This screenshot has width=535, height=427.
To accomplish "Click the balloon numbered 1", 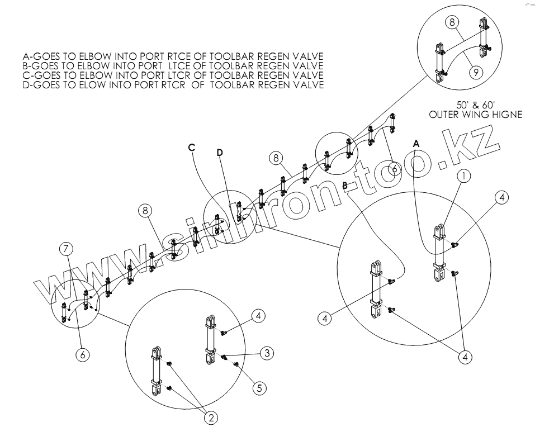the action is pyautogui.click(x=463, y=175).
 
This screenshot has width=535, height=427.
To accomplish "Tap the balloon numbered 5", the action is pyautogui.click(x=258, y=387).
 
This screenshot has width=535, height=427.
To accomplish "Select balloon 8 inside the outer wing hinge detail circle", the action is pyautogui.click(x=453, y=22).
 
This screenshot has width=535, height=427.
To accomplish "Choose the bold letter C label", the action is pyautogui.click(x=191, y=147).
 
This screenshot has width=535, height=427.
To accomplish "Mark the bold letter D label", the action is pyautogui.click(x=220, y=153).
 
